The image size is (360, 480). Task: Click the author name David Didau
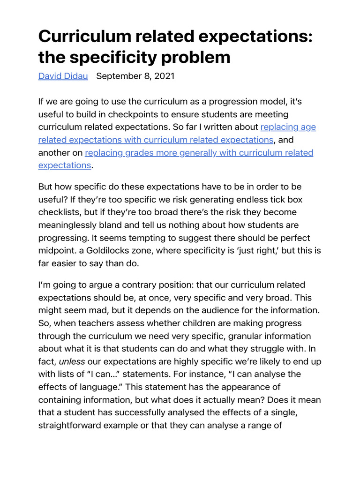tap(63, 76)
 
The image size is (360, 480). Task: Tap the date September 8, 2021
tap(135, 76)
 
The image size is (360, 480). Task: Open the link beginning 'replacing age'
tap(288, 127)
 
